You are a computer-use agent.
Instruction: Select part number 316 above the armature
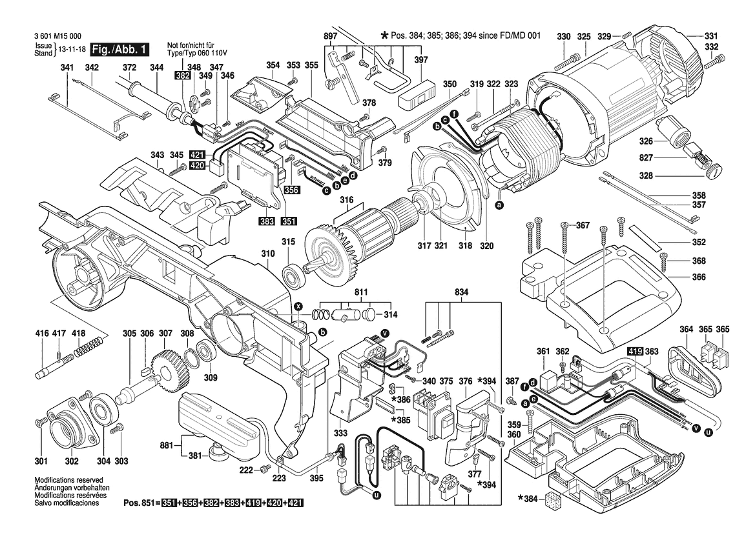(x=347, y=201)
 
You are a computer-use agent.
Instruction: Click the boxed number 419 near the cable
(x=635, y=352)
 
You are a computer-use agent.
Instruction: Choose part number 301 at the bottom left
(x=41, y=461)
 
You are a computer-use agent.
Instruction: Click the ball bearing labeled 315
(x=299, y=275)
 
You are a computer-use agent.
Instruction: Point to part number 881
(x=168, y=445)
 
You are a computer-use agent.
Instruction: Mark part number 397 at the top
(x=421, y=59)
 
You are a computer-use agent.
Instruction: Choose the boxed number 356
(x=291, y=190)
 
